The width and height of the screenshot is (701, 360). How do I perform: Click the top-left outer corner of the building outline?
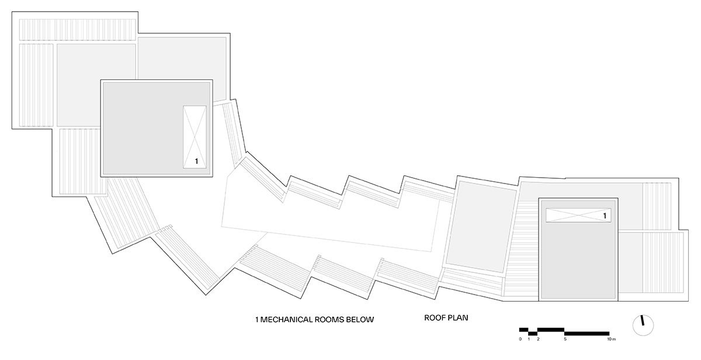click(12, 12)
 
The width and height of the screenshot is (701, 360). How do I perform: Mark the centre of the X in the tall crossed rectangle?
click(195, 137)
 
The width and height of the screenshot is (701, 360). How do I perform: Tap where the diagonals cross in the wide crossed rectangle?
click(578, 216)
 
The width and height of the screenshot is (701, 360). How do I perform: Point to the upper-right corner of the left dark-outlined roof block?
click(213, 79)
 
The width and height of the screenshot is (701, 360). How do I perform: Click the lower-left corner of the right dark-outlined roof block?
click(539, 301)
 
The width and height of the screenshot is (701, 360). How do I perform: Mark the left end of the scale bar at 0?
click(519, 330)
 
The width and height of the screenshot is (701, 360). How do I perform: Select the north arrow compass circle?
click(643, 326)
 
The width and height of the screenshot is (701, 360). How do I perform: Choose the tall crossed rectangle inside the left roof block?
click(195, 137)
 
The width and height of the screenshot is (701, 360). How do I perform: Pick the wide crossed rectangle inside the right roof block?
click(578, 216)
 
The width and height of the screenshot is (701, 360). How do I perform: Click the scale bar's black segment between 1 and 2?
click(533, 333)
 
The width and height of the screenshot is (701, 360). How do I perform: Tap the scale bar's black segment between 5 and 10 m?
click(587, 333)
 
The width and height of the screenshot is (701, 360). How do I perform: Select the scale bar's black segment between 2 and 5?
click(551, 330)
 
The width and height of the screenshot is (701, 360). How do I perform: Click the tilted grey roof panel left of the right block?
click(481, 227)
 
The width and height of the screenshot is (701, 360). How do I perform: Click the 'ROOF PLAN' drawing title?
click(446, 318)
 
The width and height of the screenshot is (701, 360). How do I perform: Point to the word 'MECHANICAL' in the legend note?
click(286, 320)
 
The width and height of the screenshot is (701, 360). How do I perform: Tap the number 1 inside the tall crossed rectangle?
click(196, 161)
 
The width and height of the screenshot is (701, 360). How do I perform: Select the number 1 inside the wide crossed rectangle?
click(605, 216)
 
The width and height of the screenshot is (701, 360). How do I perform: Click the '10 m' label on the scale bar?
click(612, 339)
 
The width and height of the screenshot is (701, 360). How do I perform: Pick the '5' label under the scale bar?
click(565, 339)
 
